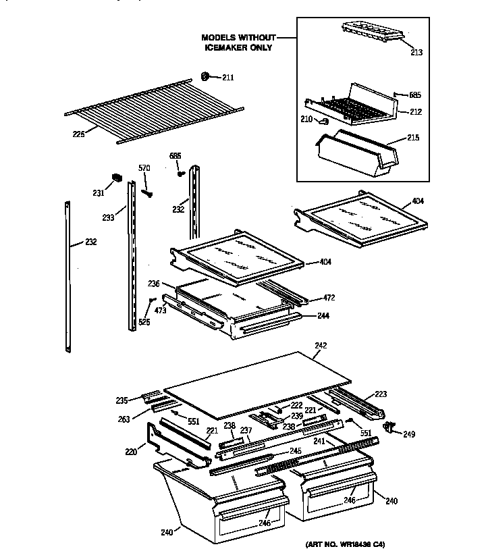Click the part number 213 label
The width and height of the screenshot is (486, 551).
pos(417,51)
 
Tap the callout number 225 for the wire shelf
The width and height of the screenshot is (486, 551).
pos(78,134)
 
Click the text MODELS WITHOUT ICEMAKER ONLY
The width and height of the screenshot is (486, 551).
pos(238,43)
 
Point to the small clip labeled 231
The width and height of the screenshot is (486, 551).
pos(115,179)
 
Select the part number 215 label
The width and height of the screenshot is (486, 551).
pos(413,137)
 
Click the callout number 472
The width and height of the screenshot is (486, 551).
pos(329,297)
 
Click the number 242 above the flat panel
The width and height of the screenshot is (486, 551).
pos(321,345)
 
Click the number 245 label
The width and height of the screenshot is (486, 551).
pos(295,451)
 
